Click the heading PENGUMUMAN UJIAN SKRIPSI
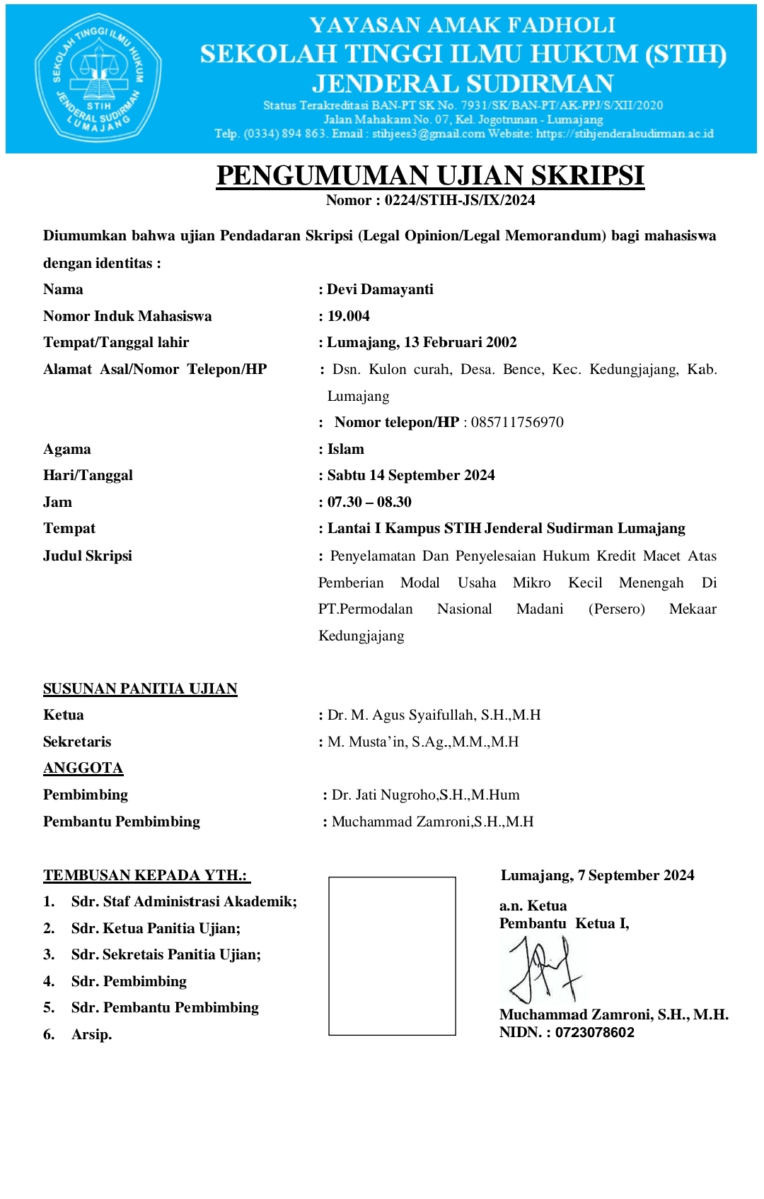click(x=430, y=176)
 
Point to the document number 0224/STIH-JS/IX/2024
click(x=460, y=200)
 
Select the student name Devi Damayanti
click(x=380, y=289)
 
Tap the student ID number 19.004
click(x=349, y=316)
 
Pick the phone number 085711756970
click(x=517, y=422)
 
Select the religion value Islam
click(x=346, y=449)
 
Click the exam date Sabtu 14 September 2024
click(x=411, y=475)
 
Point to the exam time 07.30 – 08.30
click(x=369, y=502)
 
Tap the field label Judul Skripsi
click(x=88, y=556)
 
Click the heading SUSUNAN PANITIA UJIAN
click(x=140, y=689)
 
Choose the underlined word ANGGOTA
click(x=83, y=768)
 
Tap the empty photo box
click(x=392, y=956)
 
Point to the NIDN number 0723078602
click(x=595, y=1032)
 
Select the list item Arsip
click(x=92, y=1034)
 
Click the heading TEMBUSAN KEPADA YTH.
click(x=146, y=875)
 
